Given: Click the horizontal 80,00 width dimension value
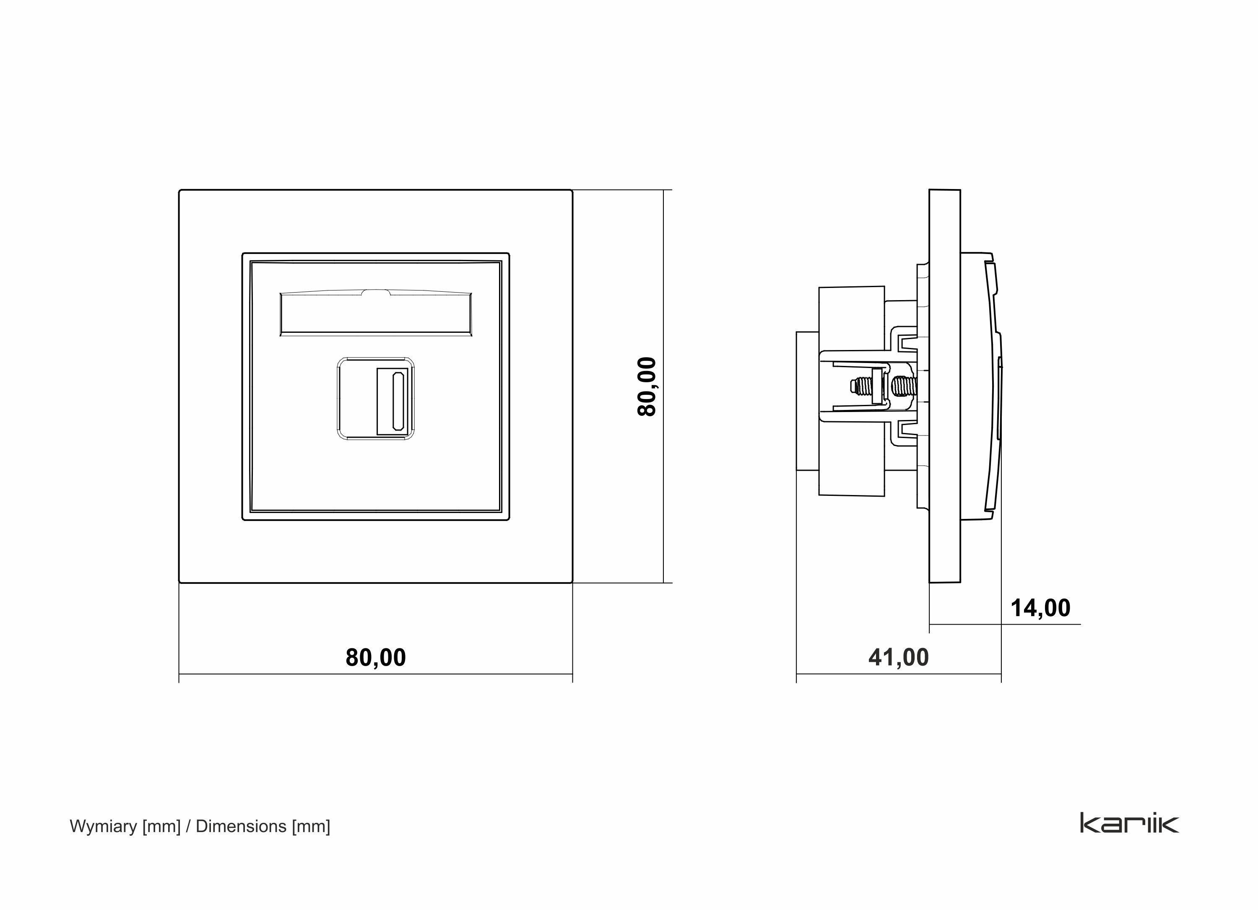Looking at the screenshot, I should point(376,658).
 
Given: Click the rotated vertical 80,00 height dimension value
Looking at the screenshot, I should point(647,386).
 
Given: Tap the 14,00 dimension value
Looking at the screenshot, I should point(1040,608).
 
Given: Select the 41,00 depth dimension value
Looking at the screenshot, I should point(898,658).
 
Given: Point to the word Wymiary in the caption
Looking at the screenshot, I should point(103,826).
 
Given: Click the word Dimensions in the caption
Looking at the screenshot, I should point(241,826).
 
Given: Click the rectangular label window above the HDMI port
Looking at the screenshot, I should point(376,314).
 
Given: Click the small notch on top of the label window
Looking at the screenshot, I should point(376,292).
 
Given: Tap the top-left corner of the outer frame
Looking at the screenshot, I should point(180,191).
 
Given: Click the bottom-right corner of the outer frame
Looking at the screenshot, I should point(571,582).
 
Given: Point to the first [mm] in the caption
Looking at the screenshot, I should point(161,826).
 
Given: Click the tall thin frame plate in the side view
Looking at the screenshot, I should point(945,386).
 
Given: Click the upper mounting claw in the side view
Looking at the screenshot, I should point(904,340).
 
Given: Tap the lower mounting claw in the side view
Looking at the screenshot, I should point(904,432).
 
